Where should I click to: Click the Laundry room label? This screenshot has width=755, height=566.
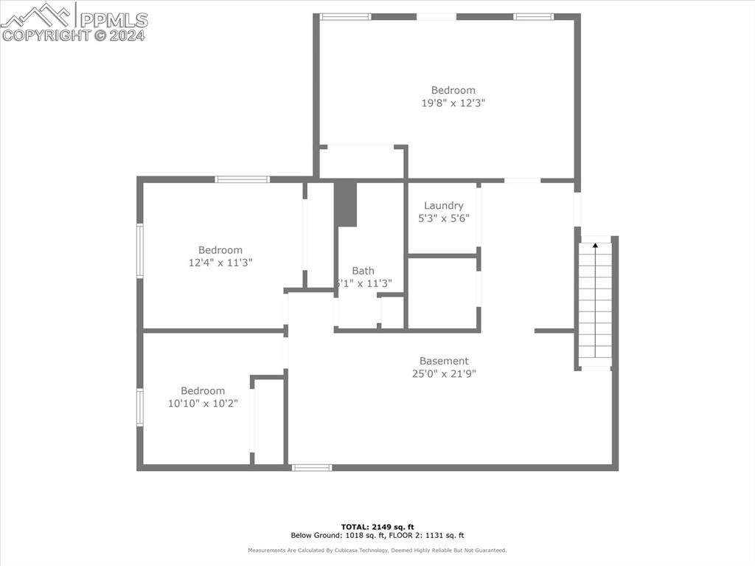tap(444, 206)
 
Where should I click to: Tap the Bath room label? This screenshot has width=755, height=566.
tap(363, 271)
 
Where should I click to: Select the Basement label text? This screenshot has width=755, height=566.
tap(444, 361)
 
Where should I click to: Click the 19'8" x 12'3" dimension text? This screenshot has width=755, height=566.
tap(453, 103)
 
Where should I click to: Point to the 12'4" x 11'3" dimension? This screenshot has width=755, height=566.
tap(220, 262)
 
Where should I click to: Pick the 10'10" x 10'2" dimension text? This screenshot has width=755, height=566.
tap(203, 403)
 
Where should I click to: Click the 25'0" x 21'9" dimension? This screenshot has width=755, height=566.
tap(444, 373)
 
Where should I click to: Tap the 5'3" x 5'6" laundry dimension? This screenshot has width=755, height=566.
tap(444, 218)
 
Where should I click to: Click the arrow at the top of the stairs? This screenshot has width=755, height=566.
tap(595, 245)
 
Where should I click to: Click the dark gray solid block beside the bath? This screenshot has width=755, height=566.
tap(345, 204)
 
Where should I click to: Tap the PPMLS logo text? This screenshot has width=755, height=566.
tap(113, 20)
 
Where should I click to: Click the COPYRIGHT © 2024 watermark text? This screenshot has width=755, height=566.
tap(74, 35)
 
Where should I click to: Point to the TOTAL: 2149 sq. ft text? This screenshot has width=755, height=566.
tap(377, 527)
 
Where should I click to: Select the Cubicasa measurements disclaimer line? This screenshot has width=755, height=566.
tap(377, 551)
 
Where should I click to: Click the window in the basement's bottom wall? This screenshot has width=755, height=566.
tap(311, 467)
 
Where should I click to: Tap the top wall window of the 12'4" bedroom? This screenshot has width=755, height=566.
tap(242, 179)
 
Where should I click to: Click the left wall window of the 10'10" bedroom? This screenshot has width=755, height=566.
tap(139, 407)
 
